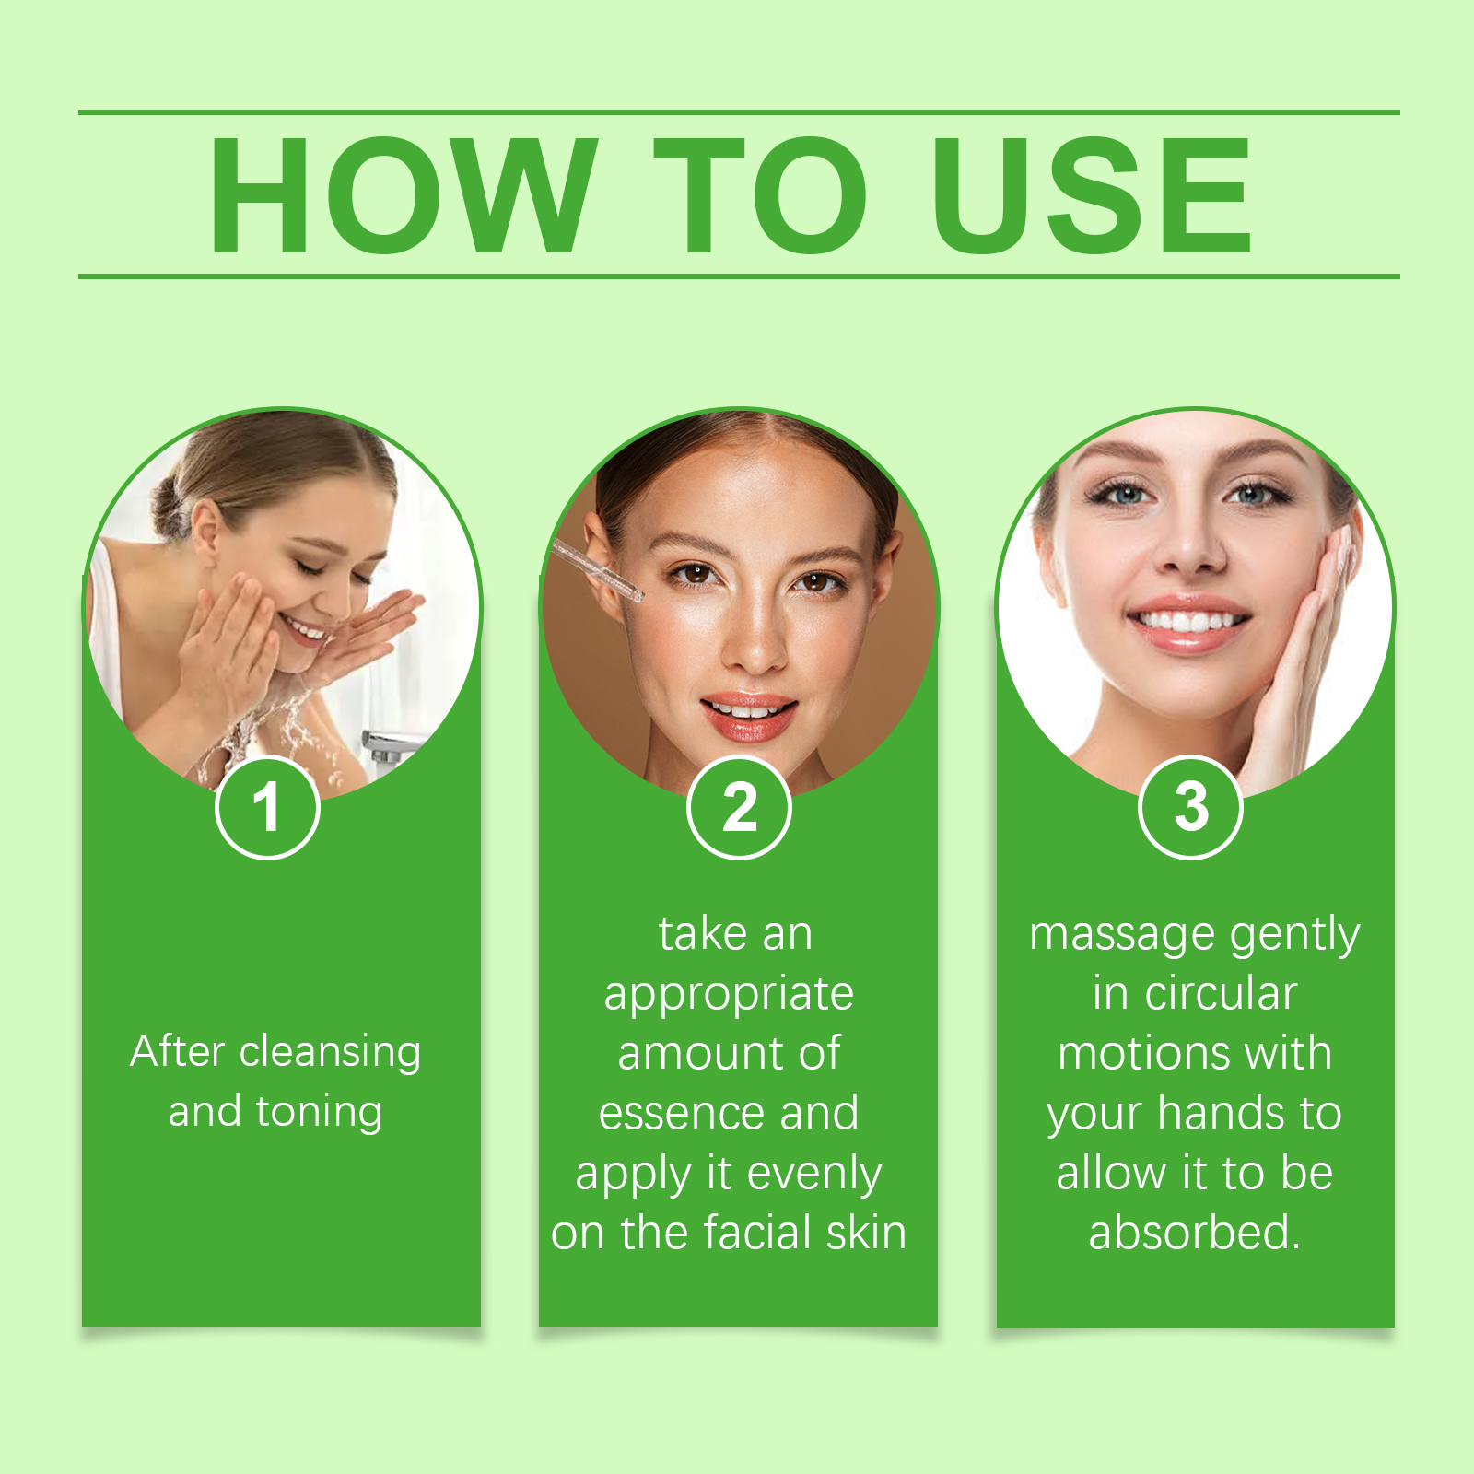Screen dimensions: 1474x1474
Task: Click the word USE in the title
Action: [x=1092, y=194]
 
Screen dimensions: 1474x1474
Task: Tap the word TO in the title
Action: [x=761, y=194]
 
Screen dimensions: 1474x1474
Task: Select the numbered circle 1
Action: [x=267, y=807]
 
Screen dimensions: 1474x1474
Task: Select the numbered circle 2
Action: [x=739, y=807]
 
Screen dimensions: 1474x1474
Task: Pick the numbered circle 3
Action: [x=1191, y=807]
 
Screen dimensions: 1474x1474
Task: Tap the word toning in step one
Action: [x=319, y=1112]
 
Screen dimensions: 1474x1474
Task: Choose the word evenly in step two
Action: [x=814, y=1175]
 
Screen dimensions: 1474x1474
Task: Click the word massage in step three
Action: [x=1122, y=936]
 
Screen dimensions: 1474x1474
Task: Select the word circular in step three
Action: [x=1221, y=993]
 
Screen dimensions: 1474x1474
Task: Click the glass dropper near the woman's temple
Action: [x=596, y=571]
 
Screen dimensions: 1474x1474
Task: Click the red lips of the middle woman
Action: [x=749, y=717]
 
